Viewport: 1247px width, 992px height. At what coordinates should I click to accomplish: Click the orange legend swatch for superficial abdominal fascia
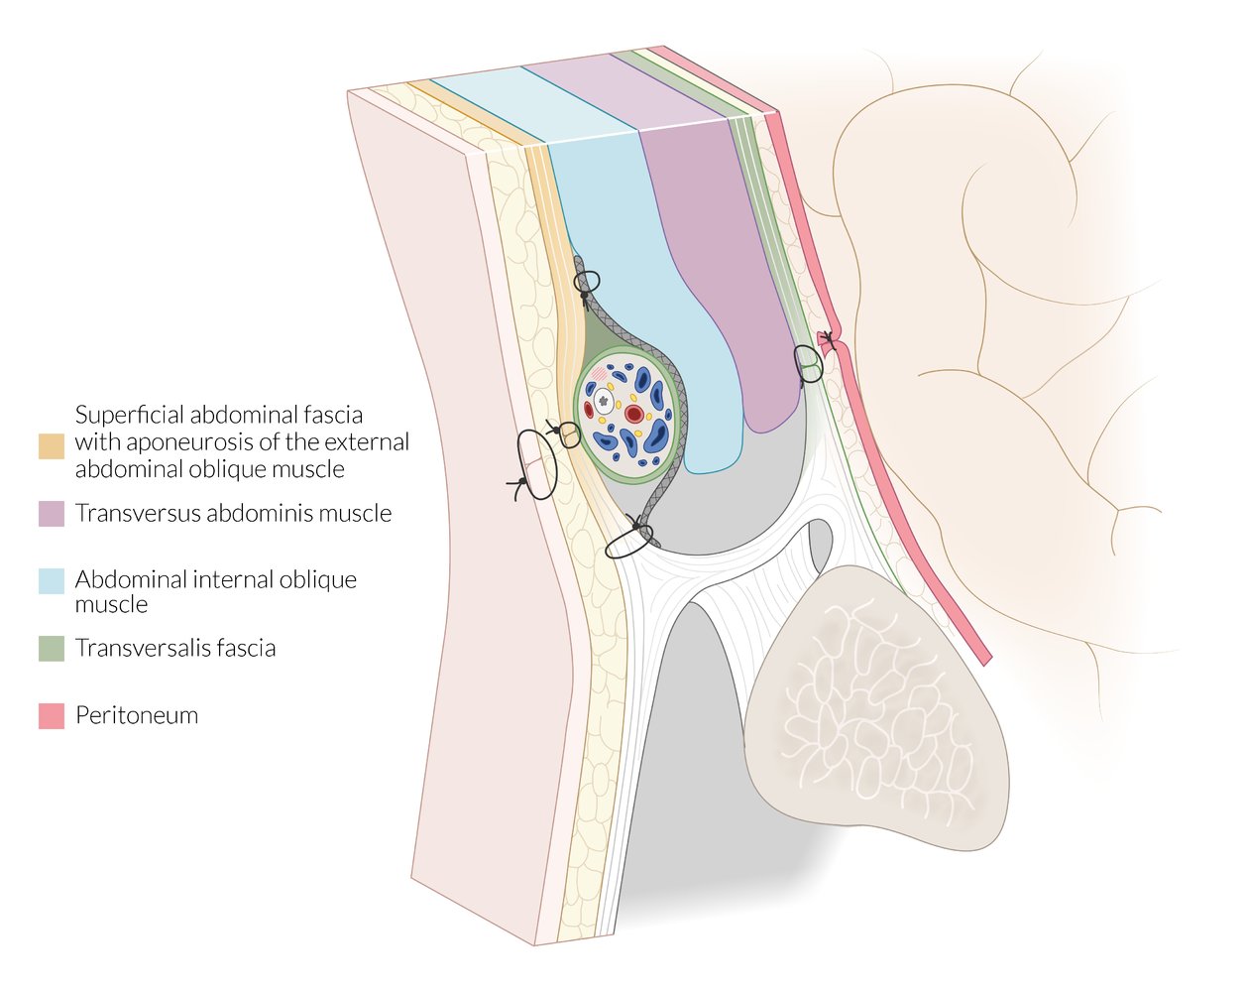(x=52, y=446)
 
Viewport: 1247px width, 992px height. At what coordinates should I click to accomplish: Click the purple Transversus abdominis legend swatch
(x=52, y=514)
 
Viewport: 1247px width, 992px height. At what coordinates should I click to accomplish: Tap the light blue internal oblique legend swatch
(x=52, y=581)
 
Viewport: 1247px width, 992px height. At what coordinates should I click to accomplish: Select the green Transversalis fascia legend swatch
(x=52, y=649)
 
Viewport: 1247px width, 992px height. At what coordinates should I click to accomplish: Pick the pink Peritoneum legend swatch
(x=52, y=716)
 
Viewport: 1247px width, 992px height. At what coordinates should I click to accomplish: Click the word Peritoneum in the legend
(x=137, y=716)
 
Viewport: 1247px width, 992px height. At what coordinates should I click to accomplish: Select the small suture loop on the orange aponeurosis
(x=567, y=434)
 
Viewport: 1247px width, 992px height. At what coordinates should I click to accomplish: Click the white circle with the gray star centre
(x=604, y=402)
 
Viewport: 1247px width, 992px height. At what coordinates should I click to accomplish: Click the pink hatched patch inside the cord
(x=599, y=374)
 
